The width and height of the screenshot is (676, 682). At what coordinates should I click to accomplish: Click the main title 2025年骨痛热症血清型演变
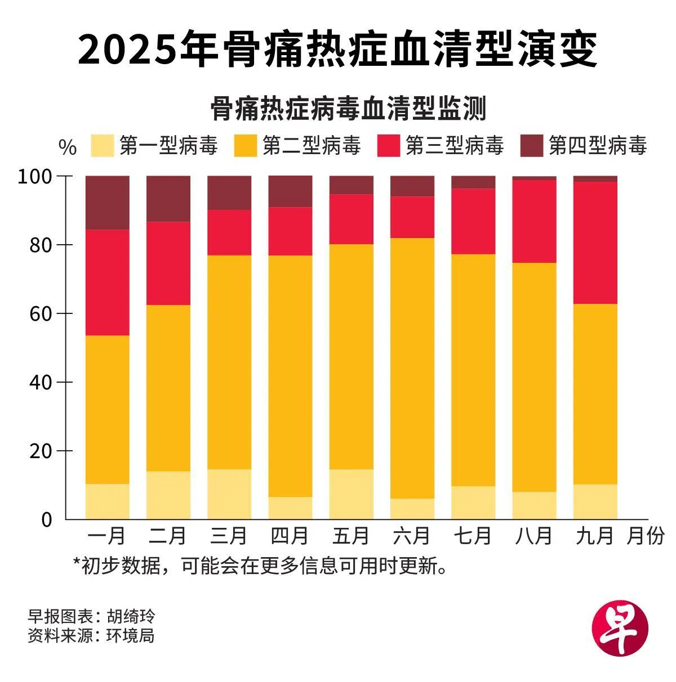tap(337, 50)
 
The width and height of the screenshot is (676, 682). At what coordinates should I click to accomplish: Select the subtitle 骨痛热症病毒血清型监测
tap(348, 109)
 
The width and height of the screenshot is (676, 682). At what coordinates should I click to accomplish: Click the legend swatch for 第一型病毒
tap(102, 146)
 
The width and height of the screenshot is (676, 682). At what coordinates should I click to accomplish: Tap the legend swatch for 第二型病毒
tap(245, 146)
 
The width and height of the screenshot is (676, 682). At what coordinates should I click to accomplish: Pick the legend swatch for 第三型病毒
tap(388, 146)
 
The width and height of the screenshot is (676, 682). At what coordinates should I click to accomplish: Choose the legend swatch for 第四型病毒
tap(531, 146)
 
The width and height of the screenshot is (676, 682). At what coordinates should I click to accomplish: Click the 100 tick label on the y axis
tap(35, 177)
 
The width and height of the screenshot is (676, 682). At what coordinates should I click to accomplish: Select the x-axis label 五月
tap(350, 536)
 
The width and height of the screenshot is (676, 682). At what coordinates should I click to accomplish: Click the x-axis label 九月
tap(594, 536)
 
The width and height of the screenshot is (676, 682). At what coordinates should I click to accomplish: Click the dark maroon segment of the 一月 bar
tap(107, 203)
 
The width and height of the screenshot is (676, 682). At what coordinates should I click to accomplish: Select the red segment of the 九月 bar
tap(595, 243)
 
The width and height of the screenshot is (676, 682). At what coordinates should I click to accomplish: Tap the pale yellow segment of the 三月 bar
tap(229, 494)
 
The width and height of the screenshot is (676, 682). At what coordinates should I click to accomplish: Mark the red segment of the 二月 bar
tap(168, 263)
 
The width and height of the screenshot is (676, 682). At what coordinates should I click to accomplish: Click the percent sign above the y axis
tap(68, 148)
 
